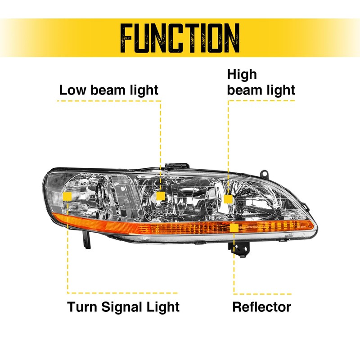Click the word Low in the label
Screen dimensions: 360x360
[x=70, y=90]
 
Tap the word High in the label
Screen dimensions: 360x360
[x=242, y=74]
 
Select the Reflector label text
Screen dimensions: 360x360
[x=261, y=307]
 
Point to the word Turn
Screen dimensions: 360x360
[x=81, y=307]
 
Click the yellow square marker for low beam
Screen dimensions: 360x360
[x=160, y=196]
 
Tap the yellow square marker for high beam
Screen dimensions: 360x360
[x=228, y=198]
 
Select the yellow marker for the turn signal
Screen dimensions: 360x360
[x=67, y=197]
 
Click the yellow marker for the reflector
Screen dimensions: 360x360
[x=234, y=228]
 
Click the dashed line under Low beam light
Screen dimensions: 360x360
[x=108, y=101]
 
